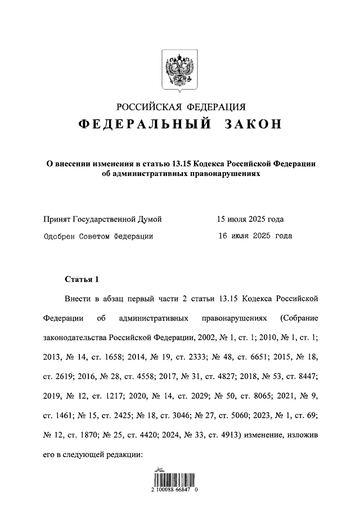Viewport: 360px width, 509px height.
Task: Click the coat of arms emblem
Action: point(180,70)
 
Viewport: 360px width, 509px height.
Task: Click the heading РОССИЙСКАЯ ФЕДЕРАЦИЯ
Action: point(180,107)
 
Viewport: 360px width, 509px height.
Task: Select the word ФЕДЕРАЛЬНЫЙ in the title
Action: point(145,125)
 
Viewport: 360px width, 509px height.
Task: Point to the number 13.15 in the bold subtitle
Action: point(180,164)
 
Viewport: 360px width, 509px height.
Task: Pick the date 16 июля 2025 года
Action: point(255,236)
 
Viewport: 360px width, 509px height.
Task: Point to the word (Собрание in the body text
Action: point(299,318)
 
